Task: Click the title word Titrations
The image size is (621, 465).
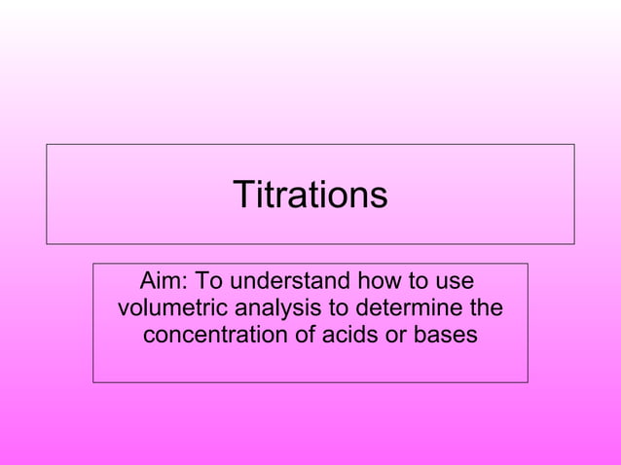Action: pyautogui.click(x=310, y=195)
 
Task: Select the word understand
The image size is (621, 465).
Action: pyautogui.click(x=288, y=282)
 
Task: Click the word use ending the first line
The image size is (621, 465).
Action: pyautogui.click(x=454, y=282)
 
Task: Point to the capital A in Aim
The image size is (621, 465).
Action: pyautogui.click(x=149, y=282)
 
